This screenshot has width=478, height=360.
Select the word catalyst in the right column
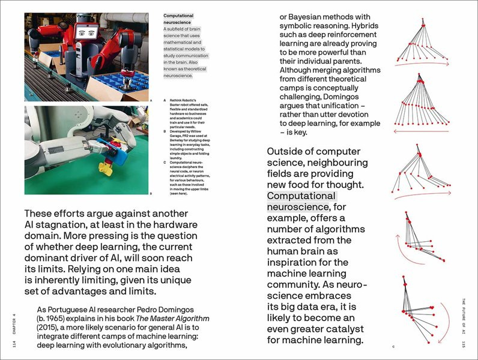click(x=333, y=329)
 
